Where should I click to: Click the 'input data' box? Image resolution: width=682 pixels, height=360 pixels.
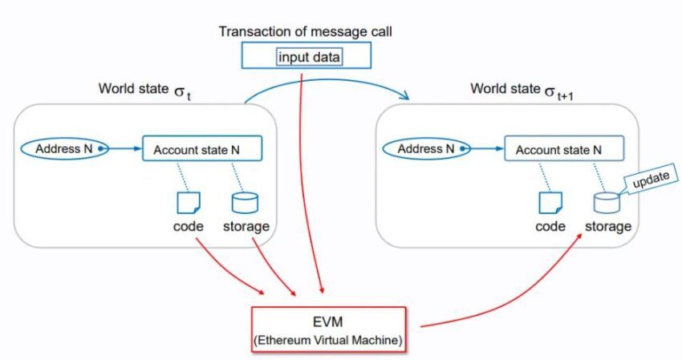(x=310, y=57)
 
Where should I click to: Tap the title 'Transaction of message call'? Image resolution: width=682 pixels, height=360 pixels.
(x=305, y=32)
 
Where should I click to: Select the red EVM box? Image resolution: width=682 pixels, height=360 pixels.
(x=328, y=329)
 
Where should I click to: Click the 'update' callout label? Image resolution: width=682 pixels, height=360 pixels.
(x=651, y=179)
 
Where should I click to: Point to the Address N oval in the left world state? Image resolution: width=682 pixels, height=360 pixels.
(x=64, y=148)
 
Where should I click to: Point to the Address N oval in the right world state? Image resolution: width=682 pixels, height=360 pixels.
(x=426, y=148)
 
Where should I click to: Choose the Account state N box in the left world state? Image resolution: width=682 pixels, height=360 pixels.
(x=202, y=148)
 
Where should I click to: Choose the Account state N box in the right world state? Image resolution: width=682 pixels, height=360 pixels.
(x=564, y=148)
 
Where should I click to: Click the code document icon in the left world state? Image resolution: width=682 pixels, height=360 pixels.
(x=189, y=203)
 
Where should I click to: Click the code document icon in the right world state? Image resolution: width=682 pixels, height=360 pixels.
(x=550, y=203)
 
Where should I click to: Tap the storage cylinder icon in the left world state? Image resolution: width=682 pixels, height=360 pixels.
(x=245, y=203)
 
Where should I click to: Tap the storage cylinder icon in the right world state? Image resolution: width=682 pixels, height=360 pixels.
(x=607, y=203)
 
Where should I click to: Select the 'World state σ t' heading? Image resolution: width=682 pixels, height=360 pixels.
(x=145, y=90)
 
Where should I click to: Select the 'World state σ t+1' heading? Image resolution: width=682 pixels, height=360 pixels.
(x=522, y=90)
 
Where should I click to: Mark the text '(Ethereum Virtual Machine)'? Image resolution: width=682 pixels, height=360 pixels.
(x=328, y=340)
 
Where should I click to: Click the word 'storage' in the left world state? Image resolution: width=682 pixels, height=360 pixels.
(x=246, y=227)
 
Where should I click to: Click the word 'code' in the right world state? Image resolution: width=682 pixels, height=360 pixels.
(x=550, y=226)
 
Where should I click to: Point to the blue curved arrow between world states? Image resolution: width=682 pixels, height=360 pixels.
(x=327, y=80)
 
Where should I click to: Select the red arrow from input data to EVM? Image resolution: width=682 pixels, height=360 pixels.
(x=306, y=183)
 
